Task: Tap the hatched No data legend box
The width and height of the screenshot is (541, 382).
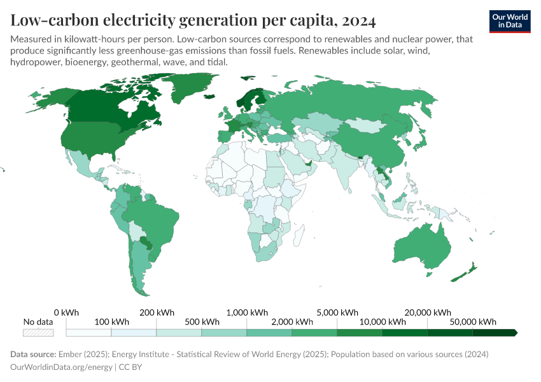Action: tap(38, 332)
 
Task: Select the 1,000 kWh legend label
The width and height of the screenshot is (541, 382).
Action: tap(246, 313)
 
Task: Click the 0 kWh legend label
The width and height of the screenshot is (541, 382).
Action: tap(66, 313)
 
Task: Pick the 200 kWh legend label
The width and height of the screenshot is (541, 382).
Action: tap(157, 313)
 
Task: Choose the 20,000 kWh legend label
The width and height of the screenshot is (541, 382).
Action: tap(428, 313)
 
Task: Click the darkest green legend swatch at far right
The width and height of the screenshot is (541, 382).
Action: tap(495, 332)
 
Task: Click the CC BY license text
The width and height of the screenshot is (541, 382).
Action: tap(119, 367)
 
